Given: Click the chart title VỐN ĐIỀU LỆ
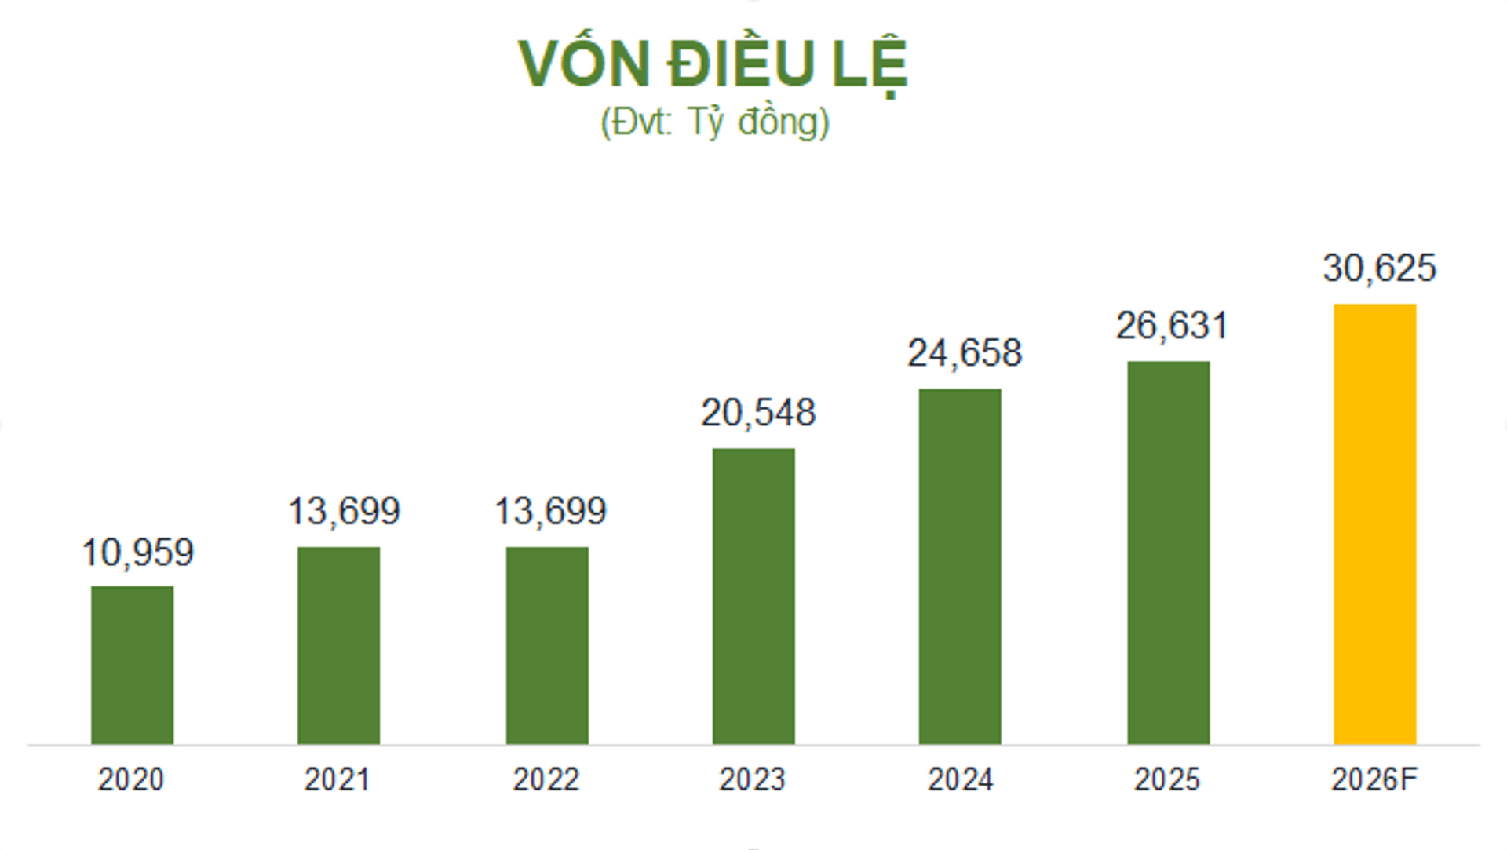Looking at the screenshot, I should click(713, 63).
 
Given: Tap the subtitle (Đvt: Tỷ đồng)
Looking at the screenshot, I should click(714, 122).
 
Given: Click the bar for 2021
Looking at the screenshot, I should click(338, 644).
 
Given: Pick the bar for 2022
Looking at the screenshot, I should click(547, 644).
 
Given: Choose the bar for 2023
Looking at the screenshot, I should click(753, 596).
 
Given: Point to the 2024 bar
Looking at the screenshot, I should click(960, 566).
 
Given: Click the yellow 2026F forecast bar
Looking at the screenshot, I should click(1375, 523).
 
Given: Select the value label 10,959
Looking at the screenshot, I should click(137, 553).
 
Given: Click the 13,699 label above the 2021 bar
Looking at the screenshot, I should click(344, 512).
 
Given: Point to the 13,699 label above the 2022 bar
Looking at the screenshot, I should click(550, 512).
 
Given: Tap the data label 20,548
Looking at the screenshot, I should click(758, 413).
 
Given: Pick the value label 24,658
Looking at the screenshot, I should click(965, 353).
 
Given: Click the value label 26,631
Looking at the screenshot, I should click(1172, 326).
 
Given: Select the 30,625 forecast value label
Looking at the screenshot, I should click(1379, 268).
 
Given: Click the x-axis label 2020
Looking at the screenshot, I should click(131, 779).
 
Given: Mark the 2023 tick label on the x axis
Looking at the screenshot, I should click(752, 779).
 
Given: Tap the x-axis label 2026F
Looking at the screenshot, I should click(1374, 779).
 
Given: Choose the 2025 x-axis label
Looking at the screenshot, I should click(1167, 779).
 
